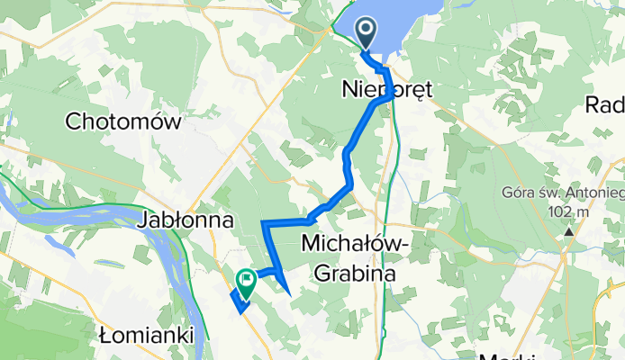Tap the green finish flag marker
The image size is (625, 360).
(245, 283)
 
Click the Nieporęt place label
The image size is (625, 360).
(388, 89)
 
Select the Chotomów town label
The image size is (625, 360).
(124, 121)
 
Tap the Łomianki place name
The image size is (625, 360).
(148, 336)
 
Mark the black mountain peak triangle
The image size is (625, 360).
(569, 233)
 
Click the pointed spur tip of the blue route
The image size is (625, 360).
(290, 294)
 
